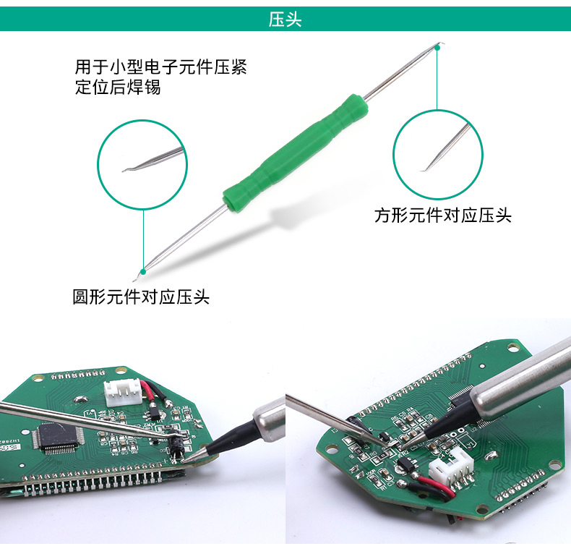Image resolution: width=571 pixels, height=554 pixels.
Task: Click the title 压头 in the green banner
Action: [x=285, y=20]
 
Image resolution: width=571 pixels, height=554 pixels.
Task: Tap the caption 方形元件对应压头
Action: [x=443, y=216]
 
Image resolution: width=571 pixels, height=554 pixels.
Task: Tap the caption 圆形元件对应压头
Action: [x=141, y=297]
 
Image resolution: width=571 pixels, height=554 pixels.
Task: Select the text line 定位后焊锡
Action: [x=118, y=88]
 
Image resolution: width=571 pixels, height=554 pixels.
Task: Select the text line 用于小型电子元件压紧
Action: [x=161, y=67]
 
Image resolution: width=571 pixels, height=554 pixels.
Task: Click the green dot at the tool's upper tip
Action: [x=438, y=47]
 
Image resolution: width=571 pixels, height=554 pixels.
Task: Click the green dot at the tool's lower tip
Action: [x=143, y=271]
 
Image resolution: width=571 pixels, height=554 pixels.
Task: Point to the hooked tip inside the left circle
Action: [x=126, y=170]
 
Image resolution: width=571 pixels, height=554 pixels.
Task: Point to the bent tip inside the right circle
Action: [x=424, y=169]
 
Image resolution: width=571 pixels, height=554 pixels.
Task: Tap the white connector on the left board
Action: [x=121, y=393]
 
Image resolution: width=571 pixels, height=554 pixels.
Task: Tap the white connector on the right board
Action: [x=451, y=466]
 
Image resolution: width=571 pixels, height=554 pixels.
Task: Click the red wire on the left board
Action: [x=149, y=393]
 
